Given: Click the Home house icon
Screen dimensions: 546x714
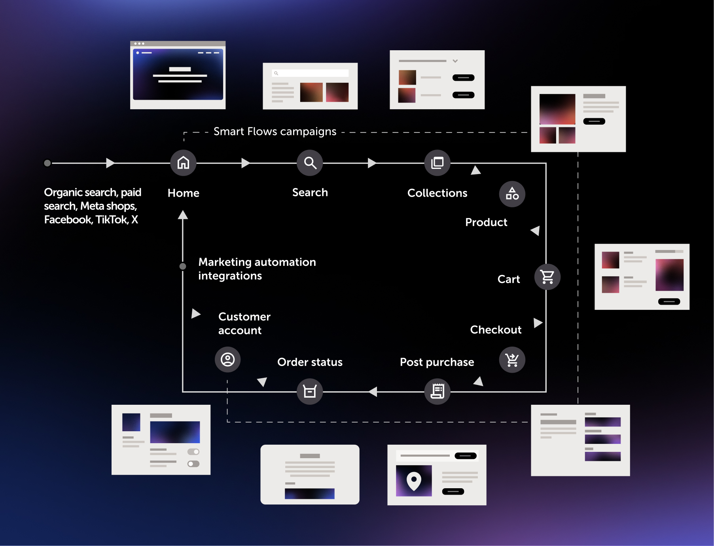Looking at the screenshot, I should point(183,163).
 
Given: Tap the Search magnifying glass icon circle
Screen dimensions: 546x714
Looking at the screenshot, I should point(310,163).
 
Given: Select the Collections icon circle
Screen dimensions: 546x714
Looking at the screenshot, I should point(437,163).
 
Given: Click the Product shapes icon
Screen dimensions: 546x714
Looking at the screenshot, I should point(512,194).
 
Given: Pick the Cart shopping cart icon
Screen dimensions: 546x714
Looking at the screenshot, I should point(547,277).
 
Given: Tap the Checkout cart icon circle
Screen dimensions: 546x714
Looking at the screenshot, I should point(512,360).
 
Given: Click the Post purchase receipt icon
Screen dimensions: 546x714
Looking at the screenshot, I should point(437,391).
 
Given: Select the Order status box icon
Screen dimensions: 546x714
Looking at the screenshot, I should point(310,391).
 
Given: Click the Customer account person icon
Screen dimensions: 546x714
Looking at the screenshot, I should point(227,360).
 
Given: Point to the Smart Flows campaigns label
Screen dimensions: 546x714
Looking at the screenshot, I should point(275,131).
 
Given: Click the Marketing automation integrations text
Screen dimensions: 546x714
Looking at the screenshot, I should point(257,269).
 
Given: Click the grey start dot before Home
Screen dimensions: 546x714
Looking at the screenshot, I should point(47,163).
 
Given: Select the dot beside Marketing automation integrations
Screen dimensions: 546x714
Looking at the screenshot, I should point(183,266).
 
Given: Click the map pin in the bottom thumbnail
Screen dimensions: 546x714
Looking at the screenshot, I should point(414,480).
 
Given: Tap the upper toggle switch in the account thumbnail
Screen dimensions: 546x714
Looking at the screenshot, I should point(193,452).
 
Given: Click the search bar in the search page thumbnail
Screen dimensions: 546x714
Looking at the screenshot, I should point(310,73).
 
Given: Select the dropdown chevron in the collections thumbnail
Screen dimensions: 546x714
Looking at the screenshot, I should point(455,61).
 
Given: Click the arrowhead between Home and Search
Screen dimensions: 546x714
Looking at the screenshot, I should point(245,163).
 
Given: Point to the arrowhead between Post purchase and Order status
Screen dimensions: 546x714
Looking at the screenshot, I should point(373,392).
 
